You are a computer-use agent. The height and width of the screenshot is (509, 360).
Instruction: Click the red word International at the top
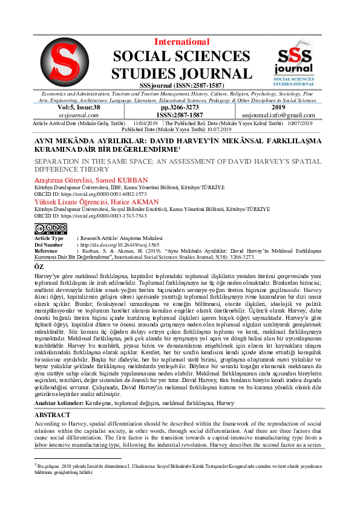click(x=182, y=42)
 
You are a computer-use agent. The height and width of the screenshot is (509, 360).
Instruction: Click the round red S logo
click(x=64, y=62)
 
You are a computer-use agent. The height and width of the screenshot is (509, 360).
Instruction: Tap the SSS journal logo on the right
click(x=294, y=62)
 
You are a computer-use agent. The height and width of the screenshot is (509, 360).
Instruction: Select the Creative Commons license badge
click(x=50, y=229)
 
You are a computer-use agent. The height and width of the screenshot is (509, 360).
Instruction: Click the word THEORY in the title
click(x=96, y=170)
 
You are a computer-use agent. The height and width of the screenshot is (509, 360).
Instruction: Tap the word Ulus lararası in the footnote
click(x=142, y=465)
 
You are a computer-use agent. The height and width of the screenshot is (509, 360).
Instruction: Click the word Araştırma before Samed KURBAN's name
click(x=50, y=181)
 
